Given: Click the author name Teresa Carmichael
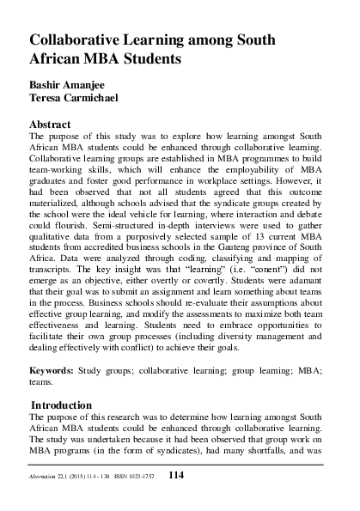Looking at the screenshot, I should [76, 100].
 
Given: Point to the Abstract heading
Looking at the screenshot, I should [54, 124].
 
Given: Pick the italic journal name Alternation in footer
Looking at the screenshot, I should [47, 477].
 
